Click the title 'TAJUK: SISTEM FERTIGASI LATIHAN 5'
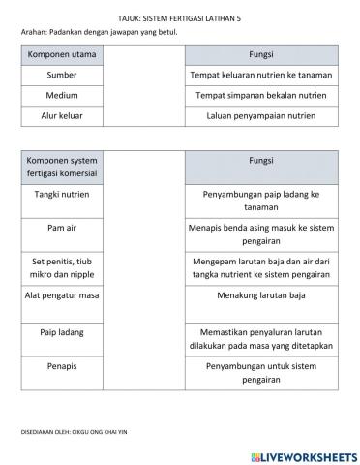[179, 16]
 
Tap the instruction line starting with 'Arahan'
[100, 31]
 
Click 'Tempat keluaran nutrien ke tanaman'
[261, 74]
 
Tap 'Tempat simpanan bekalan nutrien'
[261, 96]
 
